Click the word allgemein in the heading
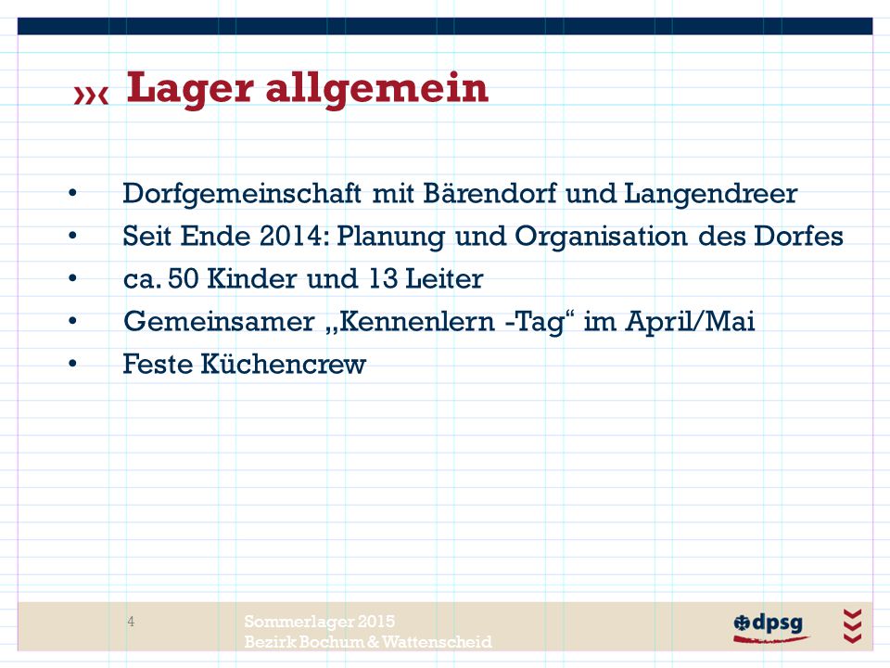(x=377, y=90)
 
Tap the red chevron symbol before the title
(x=91, y=96)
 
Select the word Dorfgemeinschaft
(x=242, y=194)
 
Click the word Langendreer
(x=711, y=194)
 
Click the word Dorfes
(x=798, y=236)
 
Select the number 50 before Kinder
(x=184, y=279)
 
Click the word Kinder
(x=252, y=279)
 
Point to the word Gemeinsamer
(x=219, y=322)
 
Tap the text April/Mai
(x=690, y=322)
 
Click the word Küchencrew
(x=284, y=364)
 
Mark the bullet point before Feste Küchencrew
(x=72, y=364)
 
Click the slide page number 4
(x=131, y=622)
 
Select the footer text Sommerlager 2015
(x=320, y=622)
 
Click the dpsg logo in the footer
(x=770, y=627)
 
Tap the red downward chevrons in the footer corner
(x=853, y=625)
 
